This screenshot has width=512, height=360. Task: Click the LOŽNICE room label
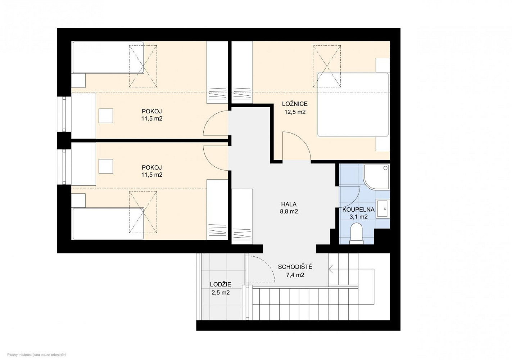point(295,104)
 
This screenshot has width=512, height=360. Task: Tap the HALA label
point(289,204)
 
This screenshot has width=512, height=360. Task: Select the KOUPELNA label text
point(358,210)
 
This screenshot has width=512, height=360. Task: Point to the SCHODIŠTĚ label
point(295,267)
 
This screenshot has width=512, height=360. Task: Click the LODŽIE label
point(221,284)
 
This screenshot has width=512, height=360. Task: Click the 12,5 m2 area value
point(295,112)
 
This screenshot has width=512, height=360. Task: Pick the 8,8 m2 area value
point(289,212)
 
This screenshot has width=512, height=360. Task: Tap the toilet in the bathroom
point(357,234)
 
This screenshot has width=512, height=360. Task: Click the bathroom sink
point(382,208)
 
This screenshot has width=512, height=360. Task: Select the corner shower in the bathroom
point(376,177)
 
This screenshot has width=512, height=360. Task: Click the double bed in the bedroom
point(353,105)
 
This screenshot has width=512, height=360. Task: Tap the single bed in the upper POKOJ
point(108,57)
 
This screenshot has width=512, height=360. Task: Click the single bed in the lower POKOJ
point(108,224)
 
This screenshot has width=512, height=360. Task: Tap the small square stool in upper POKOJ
point(105,116)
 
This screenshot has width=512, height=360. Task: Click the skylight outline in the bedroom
point(327,66)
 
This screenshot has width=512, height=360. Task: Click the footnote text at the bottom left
point(37,355)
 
